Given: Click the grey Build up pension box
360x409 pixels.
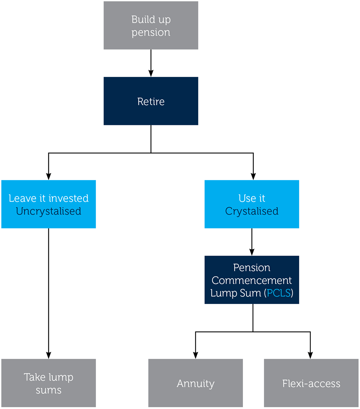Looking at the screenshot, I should (151, 25).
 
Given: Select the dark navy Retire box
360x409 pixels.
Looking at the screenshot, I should (151, 101).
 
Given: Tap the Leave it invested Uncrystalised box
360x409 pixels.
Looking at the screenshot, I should (49, 204).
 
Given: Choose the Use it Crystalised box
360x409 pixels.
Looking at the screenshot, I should (252, 204).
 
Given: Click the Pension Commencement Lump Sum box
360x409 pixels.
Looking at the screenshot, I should (252, 280).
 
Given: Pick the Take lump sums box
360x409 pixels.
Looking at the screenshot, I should (49, 383).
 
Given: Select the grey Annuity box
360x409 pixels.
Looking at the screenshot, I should (195, 383).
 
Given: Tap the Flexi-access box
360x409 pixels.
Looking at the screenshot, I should (311, 383).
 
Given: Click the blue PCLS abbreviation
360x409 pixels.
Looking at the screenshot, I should (279, 293).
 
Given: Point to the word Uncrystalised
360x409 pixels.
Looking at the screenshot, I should (49, 211).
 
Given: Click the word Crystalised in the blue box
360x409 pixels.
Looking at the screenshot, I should (252, 211).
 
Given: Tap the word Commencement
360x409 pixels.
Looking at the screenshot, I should (252, 280).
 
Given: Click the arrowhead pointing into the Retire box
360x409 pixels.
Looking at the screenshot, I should (151, 73).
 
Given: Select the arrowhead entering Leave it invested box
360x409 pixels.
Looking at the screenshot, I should (49, 176).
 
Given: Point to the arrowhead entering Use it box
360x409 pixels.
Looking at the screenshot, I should (253, 176).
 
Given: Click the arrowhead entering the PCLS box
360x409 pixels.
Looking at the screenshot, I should (252, 252).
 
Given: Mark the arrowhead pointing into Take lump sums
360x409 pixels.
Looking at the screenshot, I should (49, 355).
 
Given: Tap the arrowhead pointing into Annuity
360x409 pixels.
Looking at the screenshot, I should (195, 355).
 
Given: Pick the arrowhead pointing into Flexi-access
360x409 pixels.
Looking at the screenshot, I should (310, 355).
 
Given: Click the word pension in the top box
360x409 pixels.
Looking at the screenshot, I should (151, 32).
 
